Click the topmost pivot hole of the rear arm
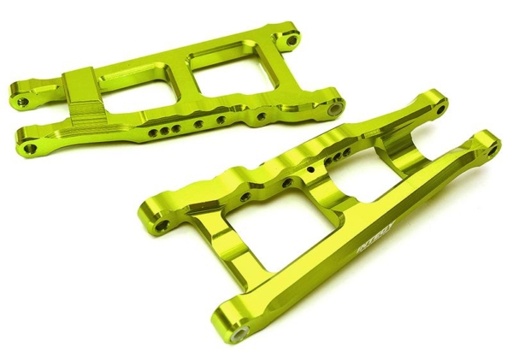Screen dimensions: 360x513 [294, 39]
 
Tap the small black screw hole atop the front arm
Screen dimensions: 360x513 [312, 168]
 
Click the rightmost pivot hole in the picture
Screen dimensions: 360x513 [492, 143]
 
